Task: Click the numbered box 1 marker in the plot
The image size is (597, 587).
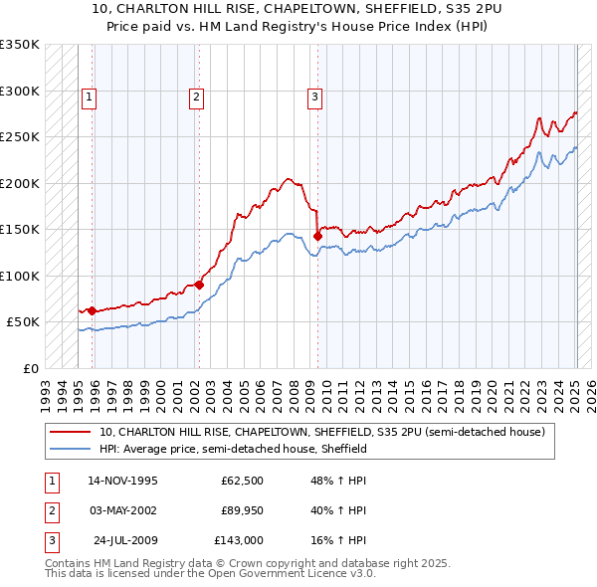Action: [x=90, y=98]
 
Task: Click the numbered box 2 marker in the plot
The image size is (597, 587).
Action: [x=196, y=98]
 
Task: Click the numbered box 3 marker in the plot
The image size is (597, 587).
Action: [x=314, y=98]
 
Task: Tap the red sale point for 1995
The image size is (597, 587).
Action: [x=92, y=310]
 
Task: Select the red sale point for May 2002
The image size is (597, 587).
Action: [x=199, y=285]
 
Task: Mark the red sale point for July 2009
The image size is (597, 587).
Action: [x=317, y=236]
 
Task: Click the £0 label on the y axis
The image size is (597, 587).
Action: [x=29, y=368]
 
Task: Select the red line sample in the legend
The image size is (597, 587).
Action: [x=70, y=433]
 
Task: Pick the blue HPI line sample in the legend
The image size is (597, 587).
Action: [x=70, y=450]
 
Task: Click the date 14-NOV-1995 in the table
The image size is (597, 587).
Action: [x=122, y=483]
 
